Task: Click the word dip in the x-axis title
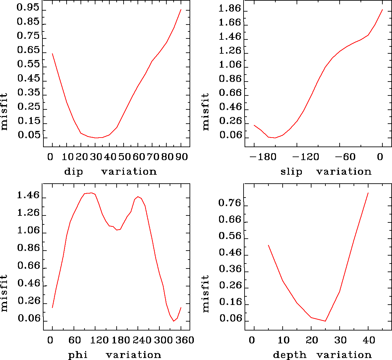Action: pos(73,172)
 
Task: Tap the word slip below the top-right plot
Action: pos(291,172)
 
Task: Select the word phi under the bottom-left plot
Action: pos(78,355)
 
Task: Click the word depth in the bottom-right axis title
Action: pos(289,355)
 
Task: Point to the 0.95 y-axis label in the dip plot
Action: pos(28,8)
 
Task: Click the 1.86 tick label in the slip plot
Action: pos(230,9)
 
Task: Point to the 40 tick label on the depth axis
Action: pos(369,340)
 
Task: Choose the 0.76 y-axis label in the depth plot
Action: pos(230,203)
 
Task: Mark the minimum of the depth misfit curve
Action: pos(325,321)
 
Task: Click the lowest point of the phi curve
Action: pos(173,321)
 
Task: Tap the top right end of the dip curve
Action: pos(181,10)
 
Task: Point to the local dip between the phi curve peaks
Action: pos(117,230)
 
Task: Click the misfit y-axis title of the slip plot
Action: pos(206,111)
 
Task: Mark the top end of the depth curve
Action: pos(368,193)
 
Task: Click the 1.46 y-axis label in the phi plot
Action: pos(28,196)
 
